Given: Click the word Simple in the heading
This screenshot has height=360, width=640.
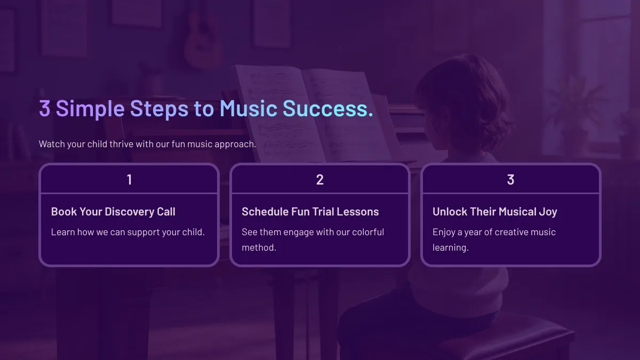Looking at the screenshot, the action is [x=90, y=109].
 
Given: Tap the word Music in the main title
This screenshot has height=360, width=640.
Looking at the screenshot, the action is [x=249, y=109].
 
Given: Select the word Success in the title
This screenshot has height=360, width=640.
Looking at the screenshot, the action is [x=325, y=109].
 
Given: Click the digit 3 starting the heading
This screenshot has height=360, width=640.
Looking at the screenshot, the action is [x=45, y=108].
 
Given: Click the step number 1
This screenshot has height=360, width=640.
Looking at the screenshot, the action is [x=129, y=180].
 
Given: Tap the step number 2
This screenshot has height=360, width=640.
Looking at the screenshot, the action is [x=319, y=180].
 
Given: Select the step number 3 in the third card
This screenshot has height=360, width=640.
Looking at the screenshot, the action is [x=510, y=180].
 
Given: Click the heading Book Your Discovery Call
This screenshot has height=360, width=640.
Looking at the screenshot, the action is [x=113, y=212].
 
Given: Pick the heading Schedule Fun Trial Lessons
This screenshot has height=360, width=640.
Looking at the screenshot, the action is [x=310, y=212].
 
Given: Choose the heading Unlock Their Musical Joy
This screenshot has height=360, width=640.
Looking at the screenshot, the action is [x=495, y=212].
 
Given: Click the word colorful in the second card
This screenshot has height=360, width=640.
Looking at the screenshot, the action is [x=368, y=232].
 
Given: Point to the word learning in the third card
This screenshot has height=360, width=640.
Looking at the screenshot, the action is [x=450, y=247].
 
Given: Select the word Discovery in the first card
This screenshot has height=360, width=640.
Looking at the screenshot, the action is [x=130, y=212].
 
